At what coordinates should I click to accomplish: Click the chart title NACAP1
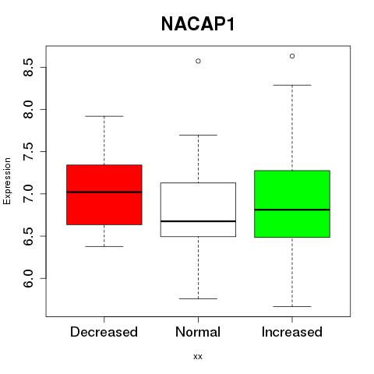(x=198, y=24)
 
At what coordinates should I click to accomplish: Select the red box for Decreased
(x=104, y=195)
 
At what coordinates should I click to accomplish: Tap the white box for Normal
(x=198, y=210)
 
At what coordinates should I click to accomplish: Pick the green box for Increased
(x=292, y=204)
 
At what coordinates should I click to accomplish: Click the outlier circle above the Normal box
(x=198, y=61)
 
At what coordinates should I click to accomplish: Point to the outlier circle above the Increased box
(x=292, y=56)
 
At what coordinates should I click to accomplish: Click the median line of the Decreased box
(x=104, y=192)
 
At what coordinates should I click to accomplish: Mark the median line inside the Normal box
(x=198, y=221)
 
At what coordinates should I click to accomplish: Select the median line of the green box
(x=292, y=210)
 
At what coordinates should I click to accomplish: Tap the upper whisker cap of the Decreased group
(x=104, y=116)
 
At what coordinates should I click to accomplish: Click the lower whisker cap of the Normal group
(x=198, y=298)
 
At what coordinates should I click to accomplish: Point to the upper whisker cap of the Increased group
(x=292, y=85)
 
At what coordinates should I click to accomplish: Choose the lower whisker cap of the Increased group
(x=292, y=306)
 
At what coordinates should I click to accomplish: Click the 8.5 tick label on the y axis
(x=28, y=67)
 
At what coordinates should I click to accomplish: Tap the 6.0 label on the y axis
(x=28, y=278)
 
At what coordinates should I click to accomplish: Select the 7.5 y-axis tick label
(x=28, y=152)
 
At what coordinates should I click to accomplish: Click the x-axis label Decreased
(x=104, y=332)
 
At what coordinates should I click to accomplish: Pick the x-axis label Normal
(x=198, y=332)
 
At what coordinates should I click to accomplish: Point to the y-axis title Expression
(x=7, y=181)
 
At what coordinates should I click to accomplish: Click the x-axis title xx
(x=198, y=357)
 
